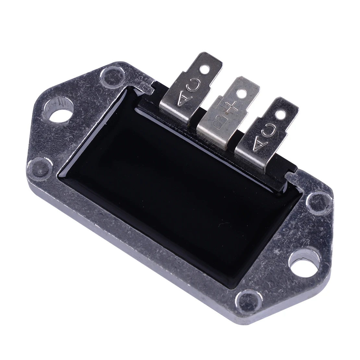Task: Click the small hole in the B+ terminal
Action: [241, 93]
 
